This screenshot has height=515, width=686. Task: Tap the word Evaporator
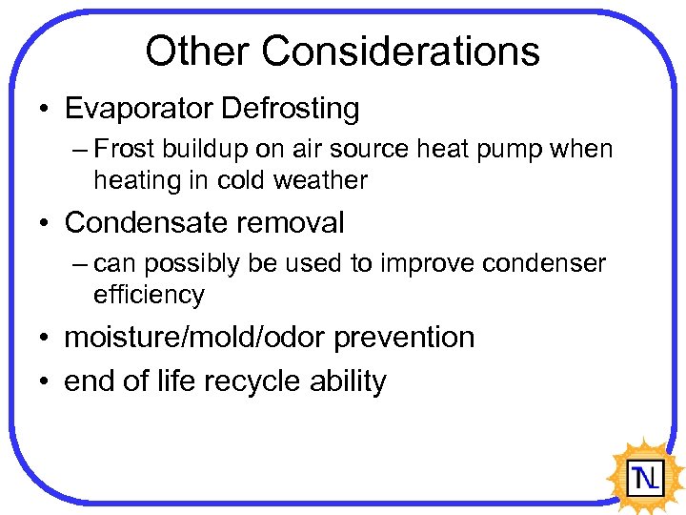point(138,109)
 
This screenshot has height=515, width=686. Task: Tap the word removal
point(299,223)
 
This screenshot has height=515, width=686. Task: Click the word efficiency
point(149,295)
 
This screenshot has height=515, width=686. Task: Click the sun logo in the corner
point(644,474)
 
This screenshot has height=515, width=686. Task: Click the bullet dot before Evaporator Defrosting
point(45,110)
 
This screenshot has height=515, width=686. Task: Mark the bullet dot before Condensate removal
point(45,224)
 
